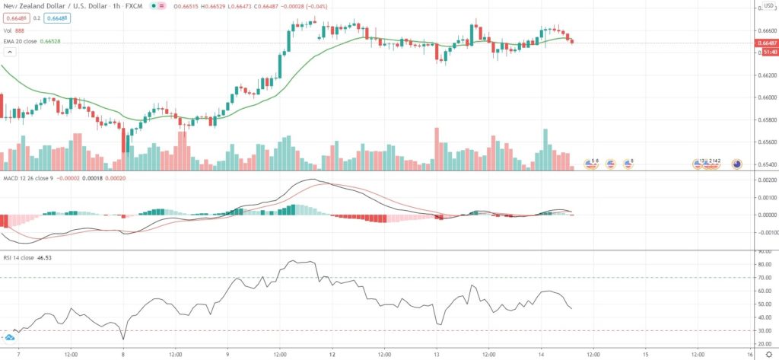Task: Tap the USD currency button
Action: click(x=768, y=6)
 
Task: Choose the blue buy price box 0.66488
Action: click(x=55, y=18)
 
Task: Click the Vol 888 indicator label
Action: click(x=14, y=30)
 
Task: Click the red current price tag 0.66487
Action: click(x=768, y=43)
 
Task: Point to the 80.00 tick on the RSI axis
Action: click(x=765, y=264)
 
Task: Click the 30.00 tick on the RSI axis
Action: click(x=765, y=331)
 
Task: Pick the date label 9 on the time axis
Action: click(x=227, y=354)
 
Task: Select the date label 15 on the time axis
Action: click(x=645, y=354)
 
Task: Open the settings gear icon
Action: click(x=768, y=354)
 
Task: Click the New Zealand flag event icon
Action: click(x=736, y=163)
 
